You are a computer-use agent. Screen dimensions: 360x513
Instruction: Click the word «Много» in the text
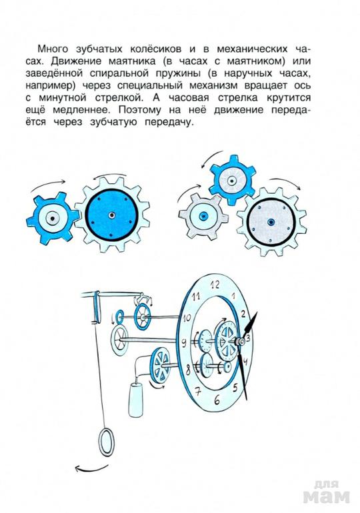(x=53, y=49)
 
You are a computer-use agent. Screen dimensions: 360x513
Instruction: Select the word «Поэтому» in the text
(x=139, y=110)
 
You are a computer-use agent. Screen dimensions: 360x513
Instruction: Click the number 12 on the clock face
(x=215, y=284)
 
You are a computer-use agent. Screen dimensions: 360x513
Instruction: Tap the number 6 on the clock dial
(x=217, y=400)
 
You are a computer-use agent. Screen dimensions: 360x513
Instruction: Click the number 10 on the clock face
(x=187, y=318)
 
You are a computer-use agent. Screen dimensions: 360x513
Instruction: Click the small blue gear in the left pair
(x=52, y=219)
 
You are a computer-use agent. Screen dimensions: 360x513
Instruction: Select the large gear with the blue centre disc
(x=112, y=215)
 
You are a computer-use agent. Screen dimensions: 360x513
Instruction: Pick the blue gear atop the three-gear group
(x=232, y=181)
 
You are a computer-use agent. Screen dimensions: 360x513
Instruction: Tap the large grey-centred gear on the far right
(x=271, y=222)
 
